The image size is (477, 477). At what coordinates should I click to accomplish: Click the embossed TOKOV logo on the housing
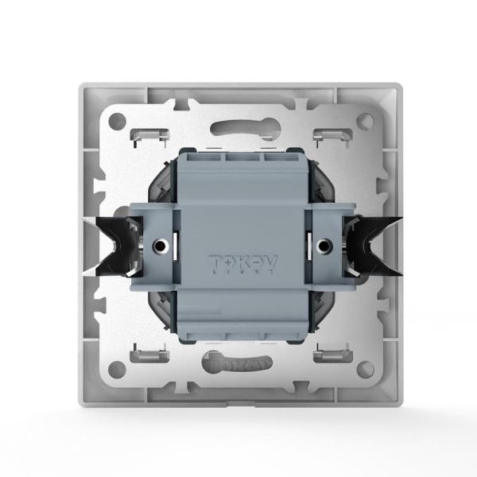pos(238,261)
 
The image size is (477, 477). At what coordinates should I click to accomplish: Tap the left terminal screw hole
pos(161,246)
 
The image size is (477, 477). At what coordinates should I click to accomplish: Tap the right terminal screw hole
pos(324,246)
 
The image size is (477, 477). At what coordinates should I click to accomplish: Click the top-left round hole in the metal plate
pos(116,122)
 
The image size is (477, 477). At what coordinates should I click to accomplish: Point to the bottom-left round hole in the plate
pos(116,369)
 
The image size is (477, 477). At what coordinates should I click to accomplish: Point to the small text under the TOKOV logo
pos(238,272)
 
